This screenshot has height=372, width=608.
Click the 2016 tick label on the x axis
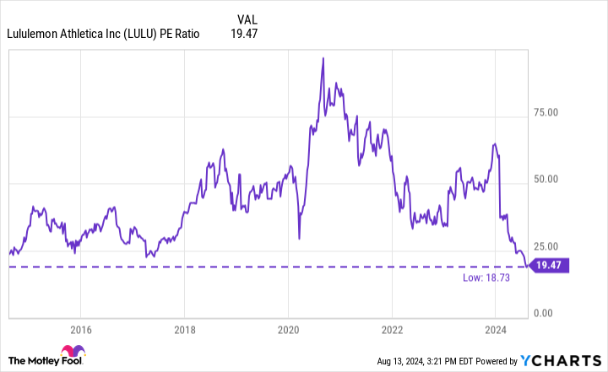(80, 329)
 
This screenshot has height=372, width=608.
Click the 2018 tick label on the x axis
(184, 329)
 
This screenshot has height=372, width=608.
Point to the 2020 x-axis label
(289, 329)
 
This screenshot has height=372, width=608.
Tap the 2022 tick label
(392, 329)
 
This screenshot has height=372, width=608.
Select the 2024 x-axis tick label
(496, 329)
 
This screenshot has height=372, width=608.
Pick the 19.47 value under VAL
(243, 34)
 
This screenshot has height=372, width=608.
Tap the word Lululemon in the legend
(35, 34)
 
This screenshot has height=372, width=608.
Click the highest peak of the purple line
(324, 58)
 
